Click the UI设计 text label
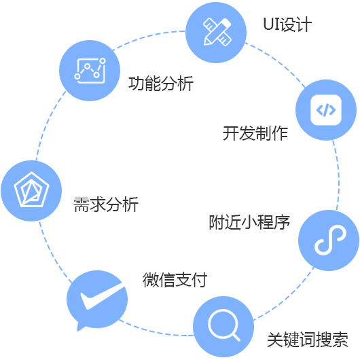[x=287, y=24]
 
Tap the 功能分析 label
[x=161, y=84]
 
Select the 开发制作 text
[x=255, y=133]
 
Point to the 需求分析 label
[x=106, y=204]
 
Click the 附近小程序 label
[x=249, y=222]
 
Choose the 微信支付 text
[x=175, y=279]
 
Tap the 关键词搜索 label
[x=308, y=340]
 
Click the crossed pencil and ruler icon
[x=217, y=32]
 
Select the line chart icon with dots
[x=90, y=71]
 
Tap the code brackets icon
[x=326, y=110]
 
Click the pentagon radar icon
[x=31, y=190]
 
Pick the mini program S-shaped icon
[x=330, y=240]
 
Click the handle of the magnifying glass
[x=236, y=337]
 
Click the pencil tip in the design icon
[x=206, y=42]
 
